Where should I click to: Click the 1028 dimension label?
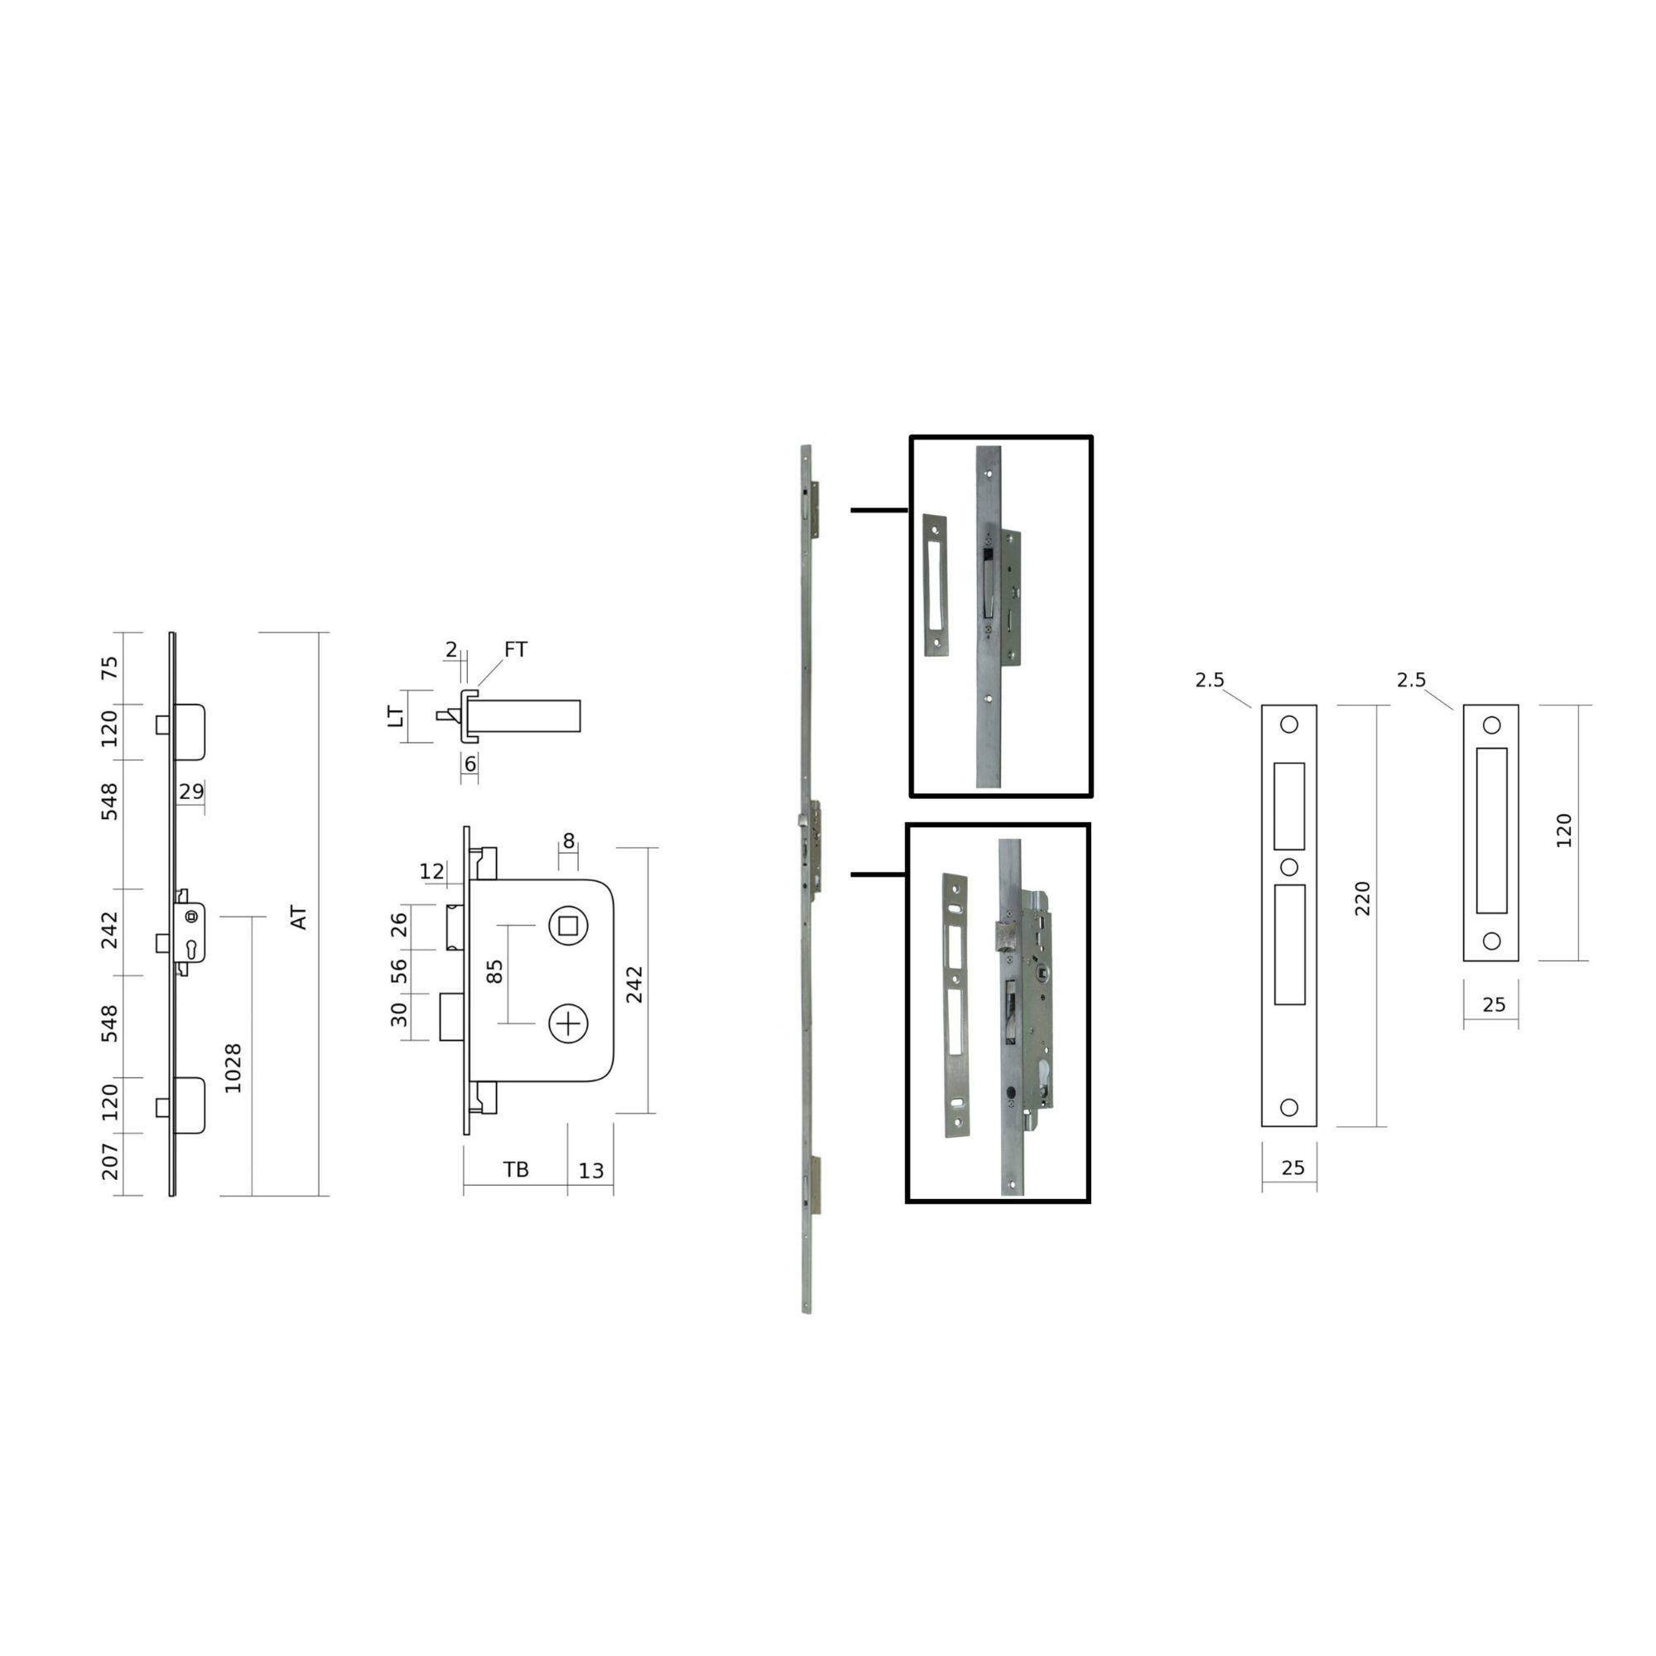(x=233, y=1067)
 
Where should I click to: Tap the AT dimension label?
(x=298, y=917)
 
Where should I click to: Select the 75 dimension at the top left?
(x=111, y=667)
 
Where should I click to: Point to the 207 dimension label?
(x=111, y=1162)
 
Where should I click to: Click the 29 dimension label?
(x=191, y=791)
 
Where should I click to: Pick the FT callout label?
(x=515, y=650)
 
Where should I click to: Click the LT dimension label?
(x=395, y=716)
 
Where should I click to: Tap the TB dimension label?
(x=516, y=1169)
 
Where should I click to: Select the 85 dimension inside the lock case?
(x=494, y=970)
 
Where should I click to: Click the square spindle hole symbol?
(x=568, y=926)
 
